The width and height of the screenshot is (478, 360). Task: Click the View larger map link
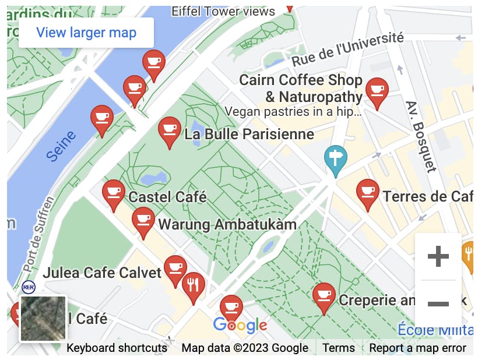[86, 33]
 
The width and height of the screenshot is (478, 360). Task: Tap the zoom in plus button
[438, 256]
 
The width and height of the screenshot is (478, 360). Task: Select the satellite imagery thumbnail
[44, 318]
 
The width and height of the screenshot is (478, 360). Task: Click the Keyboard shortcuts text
[117, 348]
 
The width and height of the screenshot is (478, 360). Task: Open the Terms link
[338, 348]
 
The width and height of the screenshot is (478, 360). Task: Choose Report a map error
[417, 348]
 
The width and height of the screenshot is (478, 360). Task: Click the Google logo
[240, 325]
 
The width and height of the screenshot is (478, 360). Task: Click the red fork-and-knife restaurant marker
[193, 286]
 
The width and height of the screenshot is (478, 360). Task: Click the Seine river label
[61, 146]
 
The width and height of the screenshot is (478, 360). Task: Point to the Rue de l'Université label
[347, 49]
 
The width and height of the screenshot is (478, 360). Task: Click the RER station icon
[28, 287]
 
